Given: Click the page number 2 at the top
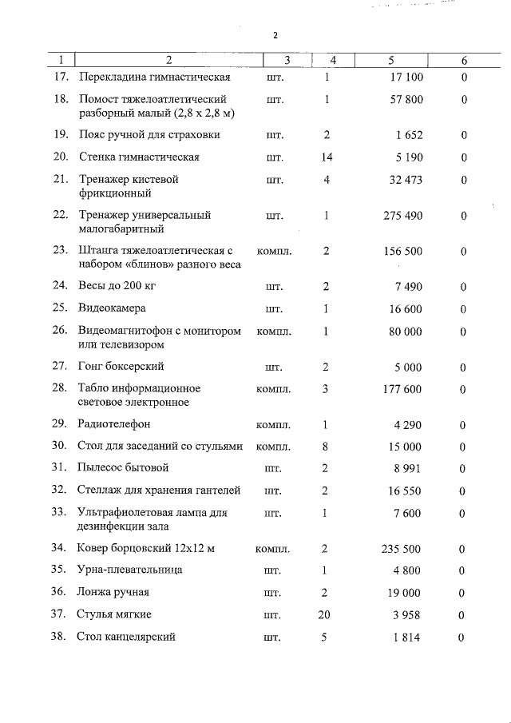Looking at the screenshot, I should [x=275, y=36].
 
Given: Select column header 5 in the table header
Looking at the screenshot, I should [x=391, y=61].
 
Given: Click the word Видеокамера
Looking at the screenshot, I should [x=112, y=308].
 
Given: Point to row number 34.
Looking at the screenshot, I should [x=58, y=548].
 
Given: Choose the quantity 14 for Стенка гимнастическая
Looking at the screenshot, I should [x=327, y=157].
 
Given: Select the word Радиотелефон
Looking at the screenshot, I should [x=114, y=424].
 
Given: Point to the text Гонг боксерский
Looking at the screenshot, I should [x=121, y=366].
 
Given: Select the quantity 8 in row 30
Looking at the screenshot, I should [x=327, y=447].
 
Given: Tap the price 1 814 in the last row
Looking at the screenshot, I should [x=409, y=637].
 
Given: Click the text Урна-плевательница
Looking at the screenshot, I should [x=129, y=570].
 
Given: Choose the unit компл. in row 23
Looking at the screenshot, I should [x=273, y=252].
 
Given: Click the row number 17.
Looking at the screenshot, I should [x=60, y=77].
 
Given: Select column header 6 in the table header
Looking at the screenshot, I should [x=464, y=61].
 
